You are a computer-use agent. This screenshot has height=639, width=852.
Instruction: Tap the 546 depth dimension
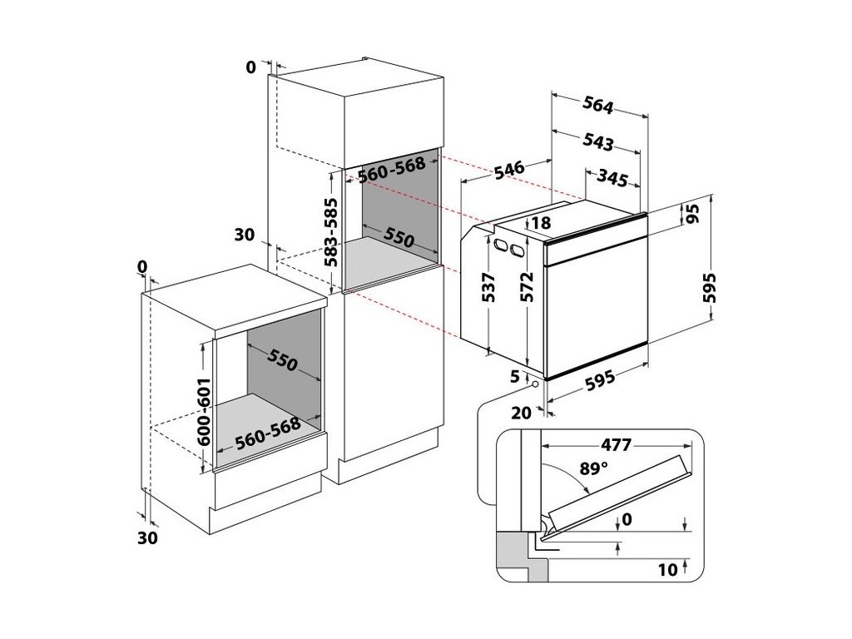(507, 171)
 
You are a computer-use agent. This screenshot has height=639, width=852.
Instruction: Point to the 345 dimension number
(612, 177)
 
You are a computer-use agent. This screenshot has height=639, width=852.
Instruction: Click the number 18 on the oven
(541, 222)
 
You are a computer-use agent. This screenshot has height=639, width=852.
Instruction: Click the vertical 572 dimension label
(526, 288)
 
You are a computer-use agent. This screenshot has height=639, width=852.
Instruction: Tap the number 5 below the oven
(516, 375)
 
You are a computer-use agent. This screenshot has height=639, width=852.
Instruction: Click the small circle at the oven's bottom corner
(533, 384)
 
